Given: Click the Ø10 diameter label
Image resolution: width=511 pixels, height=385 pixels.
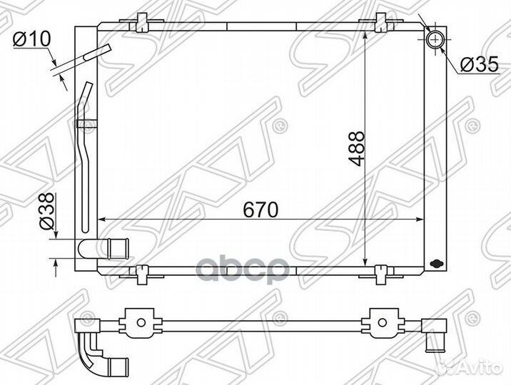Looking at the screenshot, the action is (32, 39).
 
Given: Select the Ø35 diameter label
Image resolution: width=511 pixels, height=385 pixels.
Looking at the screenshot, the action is (480, 64).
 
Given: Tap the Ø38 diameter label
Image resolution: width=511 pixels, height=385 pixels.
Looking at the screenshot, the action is (46, 211).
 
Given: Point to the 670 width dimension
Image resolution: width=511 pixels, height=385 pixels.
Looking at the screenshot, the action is (260, 210).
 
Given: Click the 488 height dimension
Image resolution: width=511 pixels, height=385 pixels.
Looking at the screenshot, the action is (355, 148).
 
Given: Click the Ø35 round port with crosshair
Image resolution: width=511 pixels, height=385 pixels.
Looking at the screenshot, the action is (435, 39).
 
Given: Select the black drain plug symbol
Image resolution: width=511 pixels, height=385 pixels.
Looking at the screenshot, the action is (436, 263).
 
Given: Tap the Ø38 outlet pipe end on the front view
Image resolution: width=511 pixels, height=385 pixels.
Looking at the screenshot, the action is (118, 249).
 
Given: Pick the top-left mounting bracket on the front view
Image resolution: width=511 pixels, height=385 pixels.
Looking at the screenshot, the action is (141, 22).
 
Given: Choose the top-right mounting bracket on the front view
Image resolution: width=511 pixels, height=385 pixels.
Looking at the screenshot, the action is (380, 22).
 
